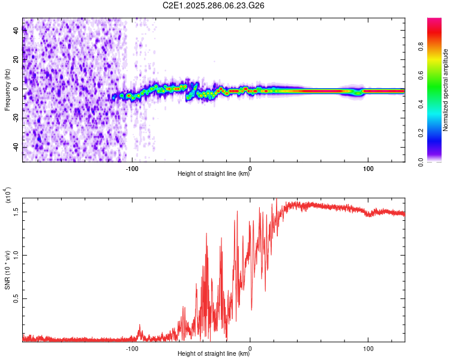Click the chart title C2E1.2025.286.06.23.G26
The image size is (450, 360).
pos(214,5)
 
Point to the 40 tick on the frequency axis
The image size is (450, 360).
pos(16,31)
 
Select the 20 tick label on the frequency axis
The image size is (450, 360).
pos(16,59)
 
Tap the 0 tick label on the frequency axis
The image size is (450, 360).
pos(16,89)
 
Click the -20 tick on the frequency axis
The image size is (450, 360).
pos(16,118)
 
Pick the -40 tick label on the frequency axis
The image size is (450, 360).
pos(16,147)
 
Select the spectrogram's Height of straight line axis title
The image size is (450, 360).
pos(214,174)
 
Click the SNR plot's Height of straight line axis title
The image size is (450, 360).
pos(214,354)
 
